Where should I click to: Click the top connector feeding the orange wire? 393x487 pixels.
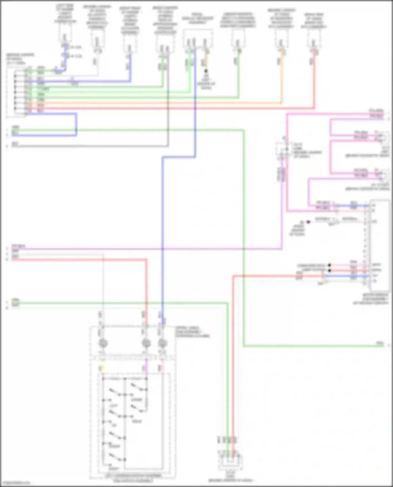click(x=282, y=39)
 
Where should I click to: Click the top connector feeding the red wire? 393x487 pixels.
click(x=314, y=39)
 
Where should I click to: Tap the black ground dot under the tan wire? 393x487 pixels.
click(x=206, y=71)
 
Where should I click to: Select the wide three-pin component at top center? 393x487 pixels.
click(x=198, y=39)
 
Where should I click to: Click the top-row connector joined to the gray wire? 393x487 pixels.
click(x=97, y=39)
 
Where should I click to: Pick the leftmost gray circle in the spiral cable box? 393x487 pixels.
click(x=103, y=343)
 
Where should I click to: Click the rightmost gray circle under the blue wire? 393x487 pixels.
click(x=162, y=343)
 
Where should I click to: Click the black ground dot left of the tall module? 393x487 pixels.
click(x=308, y=222)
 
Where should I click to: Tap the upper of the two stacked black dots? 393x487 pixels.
click(x=329, y=265)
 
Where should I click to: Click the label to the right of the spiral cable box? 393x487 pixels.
click(x=192, y=332)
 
